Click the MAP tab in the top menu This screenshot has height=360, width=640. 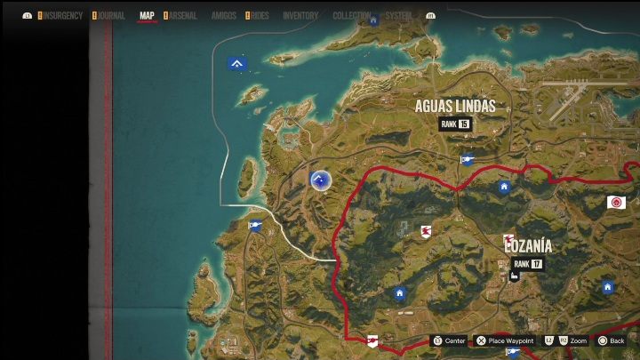(147, 16)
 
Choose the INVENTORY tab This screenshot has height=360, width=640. (300, 16)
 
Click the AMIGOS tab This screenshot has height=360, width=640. (223, 16)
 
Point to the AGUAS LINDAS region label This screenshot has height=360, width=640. (455, 107)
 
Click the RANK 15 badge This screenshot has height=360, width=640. (454, 124)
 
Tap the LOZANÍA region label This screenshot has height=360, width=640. (529, 246)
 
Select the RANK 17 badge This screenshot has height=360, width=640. (527, 264)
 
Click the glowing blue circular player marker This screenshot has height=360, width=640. (320, 180)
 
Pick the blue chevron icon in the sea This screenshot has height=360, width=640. (236, 63)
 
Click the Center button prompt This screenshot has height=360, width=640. (449, 340)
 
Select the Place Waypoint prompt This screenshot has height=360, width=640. (505, 340)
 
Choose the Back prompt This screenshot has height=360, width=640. (612, 340)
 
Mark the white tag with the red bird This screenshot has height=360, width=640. (427, 232)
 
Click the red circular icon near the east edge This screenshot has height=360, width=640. (615, 203)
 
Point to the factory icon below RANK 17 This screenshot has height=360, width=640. (514, 276)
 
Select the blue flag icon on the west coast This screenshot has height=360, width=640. (256, 225)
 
